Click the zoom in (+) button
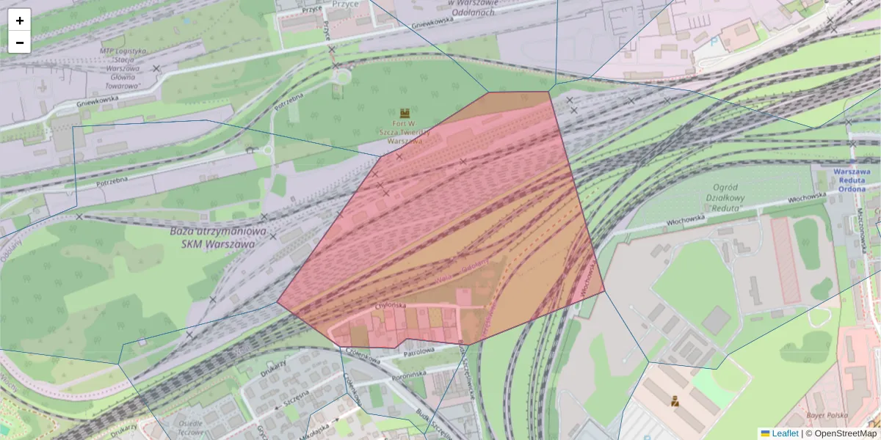pyautogui.click(x=20, y=21)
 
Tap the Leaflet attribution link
pyautogui.click(x=785, y=433)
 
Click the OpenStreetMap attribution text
pyautogui.click(x=845, y=433)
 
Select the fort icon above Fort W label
pyautogui.click(x=405, y=114)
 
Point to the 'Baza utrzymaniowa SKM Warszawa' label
pyautogui.click(x=217, y=236)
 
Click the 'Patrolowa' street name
pyautogui.click(x=419, y=351)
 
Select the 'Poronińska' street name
pyautogui.click(x=409, y=374)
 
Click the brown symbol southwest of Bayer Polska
pyautogui.click(x=674, y=400)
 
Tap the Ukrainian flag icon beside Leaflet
pyautogui.click(x=765, y=433)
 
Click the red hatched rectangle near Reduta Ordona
pyautogui.click(x=785, y=260)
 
